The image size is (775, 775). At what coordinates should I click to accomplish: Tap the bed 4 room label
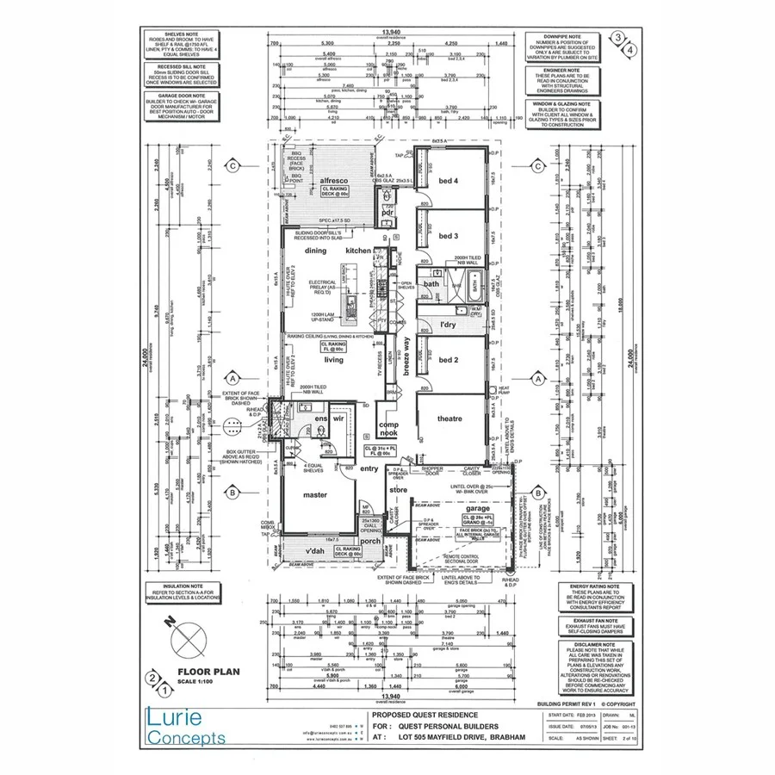tap(448, 180)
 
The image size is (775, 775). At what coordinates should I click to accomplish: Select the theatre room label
tap(449, 418)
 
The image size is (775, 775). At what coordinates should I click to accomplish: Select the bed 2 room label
tap(448, 361)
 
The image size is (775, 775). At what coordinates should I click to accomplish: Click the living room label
tap(332, 360)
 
